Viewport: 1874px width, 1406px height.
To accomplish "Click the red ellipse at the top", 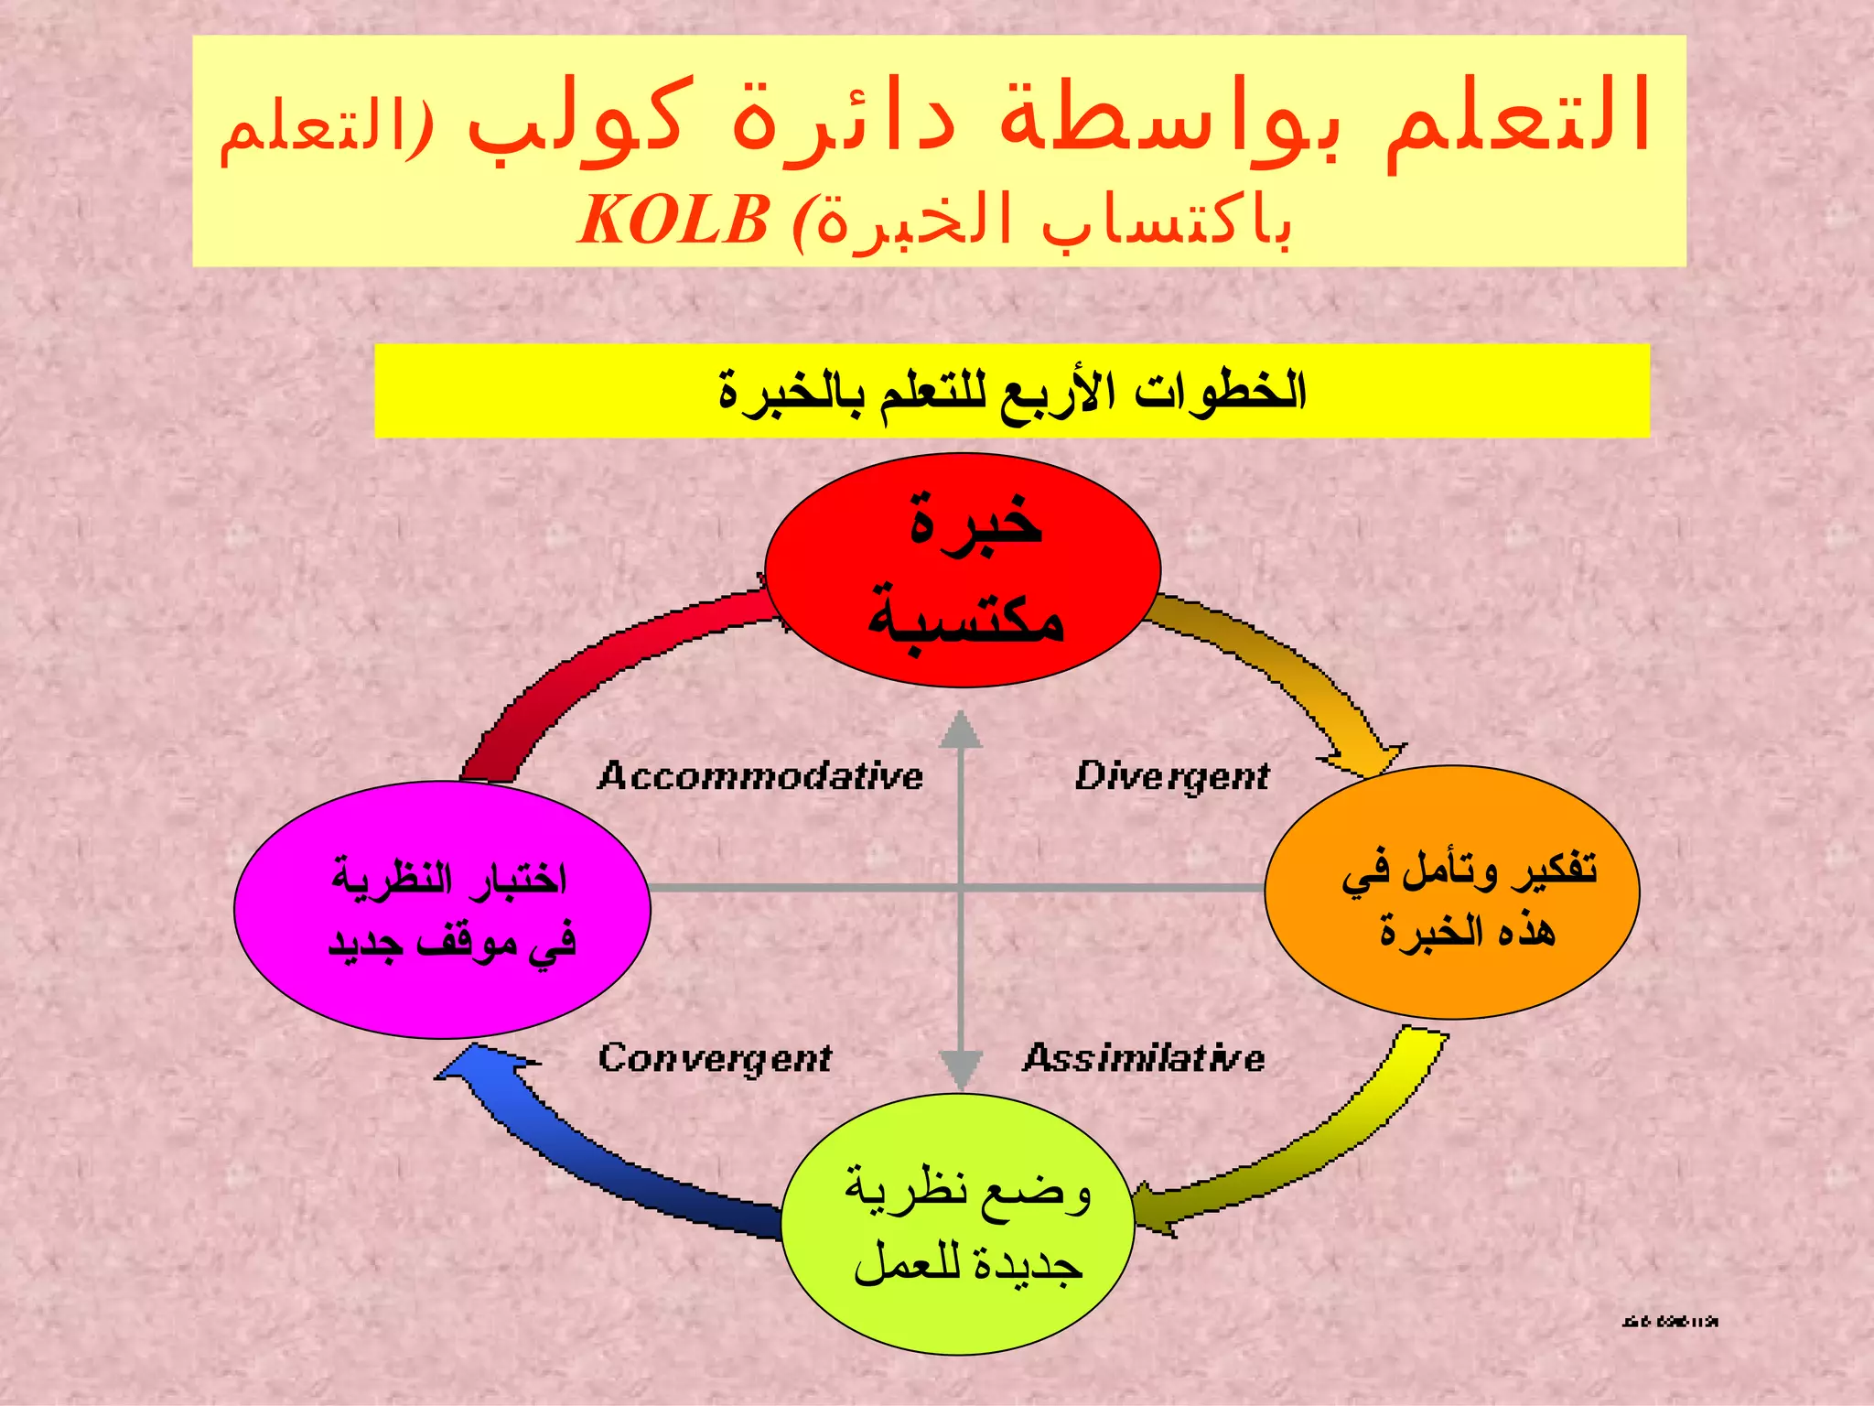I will tap(963, 569).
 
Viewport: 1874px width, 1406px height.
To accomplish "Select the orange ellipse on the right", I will tap(1452, 892).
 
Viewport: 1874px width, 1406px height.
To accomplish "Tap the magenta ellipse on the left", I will tap(442, 909).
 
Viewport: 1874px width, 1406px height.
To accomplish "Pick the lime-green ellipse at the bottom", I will tap(958, 1224).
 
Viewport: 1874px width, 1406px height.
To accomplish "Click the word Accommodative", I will tap(760, 776).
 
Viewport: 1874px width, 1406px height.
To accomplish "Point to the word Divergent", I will tap(1172, 776).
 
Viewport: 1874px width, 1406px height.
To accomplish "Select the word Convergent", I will tap(715, 1058).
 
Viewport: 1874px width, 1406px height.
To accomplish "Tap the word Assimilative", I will tap(1144, 1058).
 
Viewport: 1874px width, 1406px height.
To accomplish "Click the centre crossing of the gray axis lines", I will tap(961, 888).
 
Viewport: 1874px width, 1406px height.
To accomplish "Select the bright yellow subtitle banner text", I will tap(1011, 392).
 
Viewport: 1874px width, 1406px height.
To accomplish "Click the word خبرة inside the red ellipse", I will tap(975, 521).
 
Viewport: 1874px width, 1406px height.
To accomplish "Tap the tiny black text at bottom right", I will tap(1669, 1321).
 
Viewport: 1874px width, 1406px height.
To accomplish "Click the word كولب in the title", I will tap(576, 124).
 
